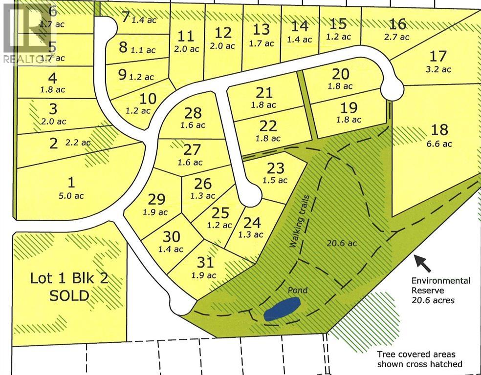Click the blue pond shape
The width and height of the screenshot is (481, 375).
pos(281,310)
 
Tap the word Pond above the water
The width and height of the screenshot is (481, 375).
pos(297,291)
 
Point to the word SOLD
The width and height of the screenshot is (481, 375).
pos(69,295)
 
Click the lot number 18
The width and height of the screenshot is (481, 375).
pos(440,129)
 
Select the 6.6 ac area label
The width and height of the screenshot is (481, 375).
pos(439,144)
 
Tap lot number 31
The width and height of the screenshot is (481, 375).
pos(205,262)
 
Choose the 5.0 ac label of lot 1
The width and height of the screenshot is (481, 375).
pos(71,196)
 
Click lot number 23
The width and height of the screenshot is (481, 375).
pos(276,168)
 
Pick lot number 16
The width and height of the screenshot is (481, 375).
pos(398,23)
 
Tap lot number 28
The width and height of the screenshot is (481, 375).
pos(193,113)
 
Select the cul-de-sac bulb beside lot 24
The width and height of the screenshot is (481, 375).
pos(252,196)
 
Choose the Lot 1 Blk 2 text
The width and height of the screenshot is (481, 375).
pos(69,279)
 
